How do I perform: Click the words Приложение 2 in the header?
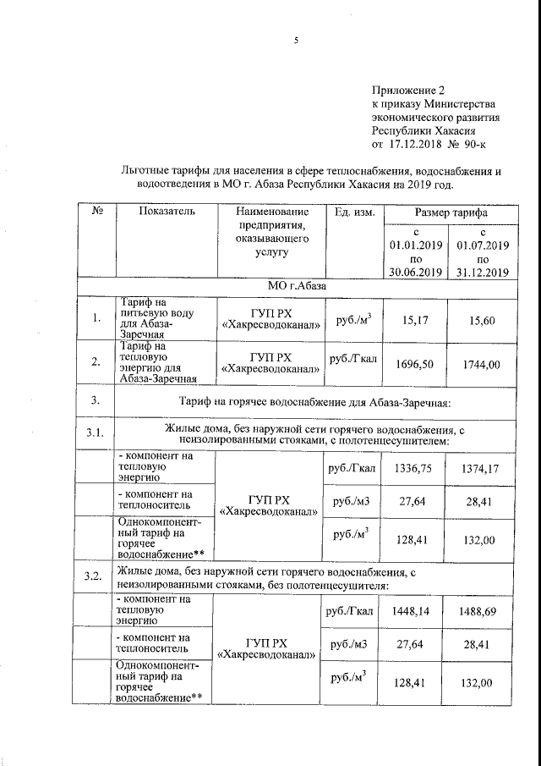point(407,90)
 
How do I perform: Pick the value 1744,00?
point(482,363)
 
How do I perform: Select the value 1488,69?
point(482,611)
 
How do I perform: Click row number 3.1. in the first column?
point(95,434)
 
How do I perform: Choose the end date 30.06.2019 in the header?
point(416,272)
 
